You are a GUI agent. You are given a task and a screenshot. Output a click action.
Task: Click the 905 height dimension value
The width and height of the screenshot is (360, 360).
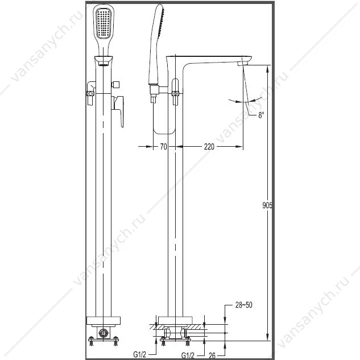267,205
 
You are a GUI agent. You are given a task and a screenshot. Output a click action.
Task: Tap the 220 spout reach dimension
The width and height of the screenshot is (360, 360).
209,147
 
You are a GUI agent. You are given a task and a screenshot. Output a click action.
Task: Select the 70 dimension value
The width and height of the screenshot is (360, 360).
163,147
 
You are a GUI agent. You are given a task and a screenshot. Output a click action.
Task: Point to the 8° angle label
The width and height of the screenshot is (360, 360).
261,115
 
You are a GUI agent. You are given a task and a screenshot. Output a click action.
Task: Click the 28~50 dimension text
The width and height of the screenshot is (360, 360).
243,305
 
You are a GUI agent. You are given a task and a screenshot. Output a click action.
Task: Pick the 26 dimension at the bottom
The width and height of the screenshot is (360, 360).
212,355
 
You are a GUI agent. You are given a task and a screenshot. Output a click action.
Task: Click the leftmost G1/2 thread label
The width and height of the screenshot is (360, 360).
139,354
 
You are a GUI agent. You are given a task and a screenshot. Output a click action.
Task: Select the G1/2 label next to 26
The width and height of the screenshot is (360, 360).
188,355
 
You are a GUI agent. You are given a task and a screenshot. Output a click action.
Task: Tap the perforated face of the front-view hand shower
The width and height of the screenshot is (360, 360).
104,23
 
